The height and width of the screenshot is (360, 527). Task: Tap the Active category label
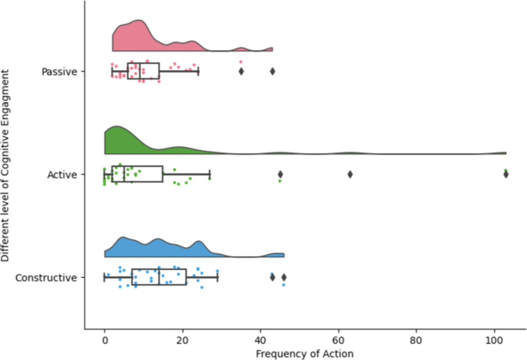62,175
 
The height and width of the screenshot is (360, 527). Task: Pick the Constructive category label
46,277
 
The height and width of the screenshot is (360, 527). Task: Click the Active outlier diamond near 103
505,175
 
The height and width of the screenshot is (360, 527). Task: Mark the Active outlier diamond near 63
350,175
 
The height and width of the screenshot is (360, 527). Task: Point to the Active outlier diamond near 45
280,175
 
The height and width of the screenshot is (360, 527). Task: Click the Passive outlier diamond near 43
272,72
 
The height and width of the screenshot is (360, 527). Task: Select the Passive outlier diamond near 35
241,72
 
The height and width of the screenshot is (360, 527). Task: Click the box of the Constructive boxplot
159,277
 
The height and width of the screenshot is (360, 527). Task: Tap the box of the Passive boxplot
143,72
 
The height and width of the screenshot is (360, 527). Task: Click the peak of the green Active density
116,127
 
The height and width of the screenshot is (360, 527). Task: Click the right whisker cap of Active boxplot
209,175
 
